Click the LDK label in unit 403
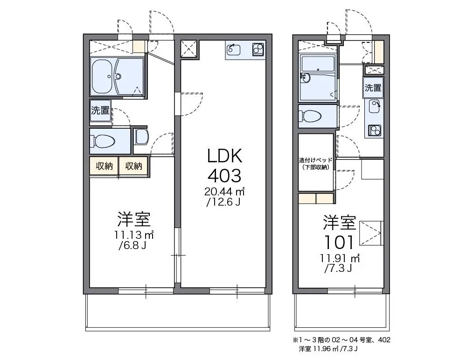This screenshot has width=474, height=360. click(x=224, y=156)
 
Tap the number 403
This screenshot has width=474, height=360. click(x=224, y=176)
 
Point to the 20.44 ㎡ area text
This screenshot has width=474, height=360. click(x=224, y=191)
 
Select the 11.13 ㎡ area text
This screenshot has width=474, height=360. click(x=134, y=235)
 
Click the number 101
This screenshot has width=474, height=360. click(x=339, y=242)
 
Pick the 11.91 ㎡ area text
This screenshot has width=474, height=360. click(x=340, y=258)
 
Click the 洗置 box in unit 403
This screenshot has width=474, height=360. click(x=100, y=111)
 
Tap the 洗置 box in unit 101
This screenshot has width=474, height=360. click(x=373, y=88)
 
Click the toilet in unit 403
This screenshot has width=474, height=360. click(x=103, y=141)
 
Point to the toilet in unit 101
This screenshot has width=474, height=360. click(x=310, y=116)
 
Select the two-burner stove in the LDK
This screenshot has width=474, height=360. click(x=258, y=49)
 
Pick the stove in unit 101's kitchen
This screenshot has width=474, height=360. click(x=374, y=131)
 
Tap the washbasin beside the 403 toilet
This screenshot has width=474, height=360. click(x=141, y=136)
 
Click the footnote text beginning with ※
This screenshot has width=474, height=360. click(x=342, y=344)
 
